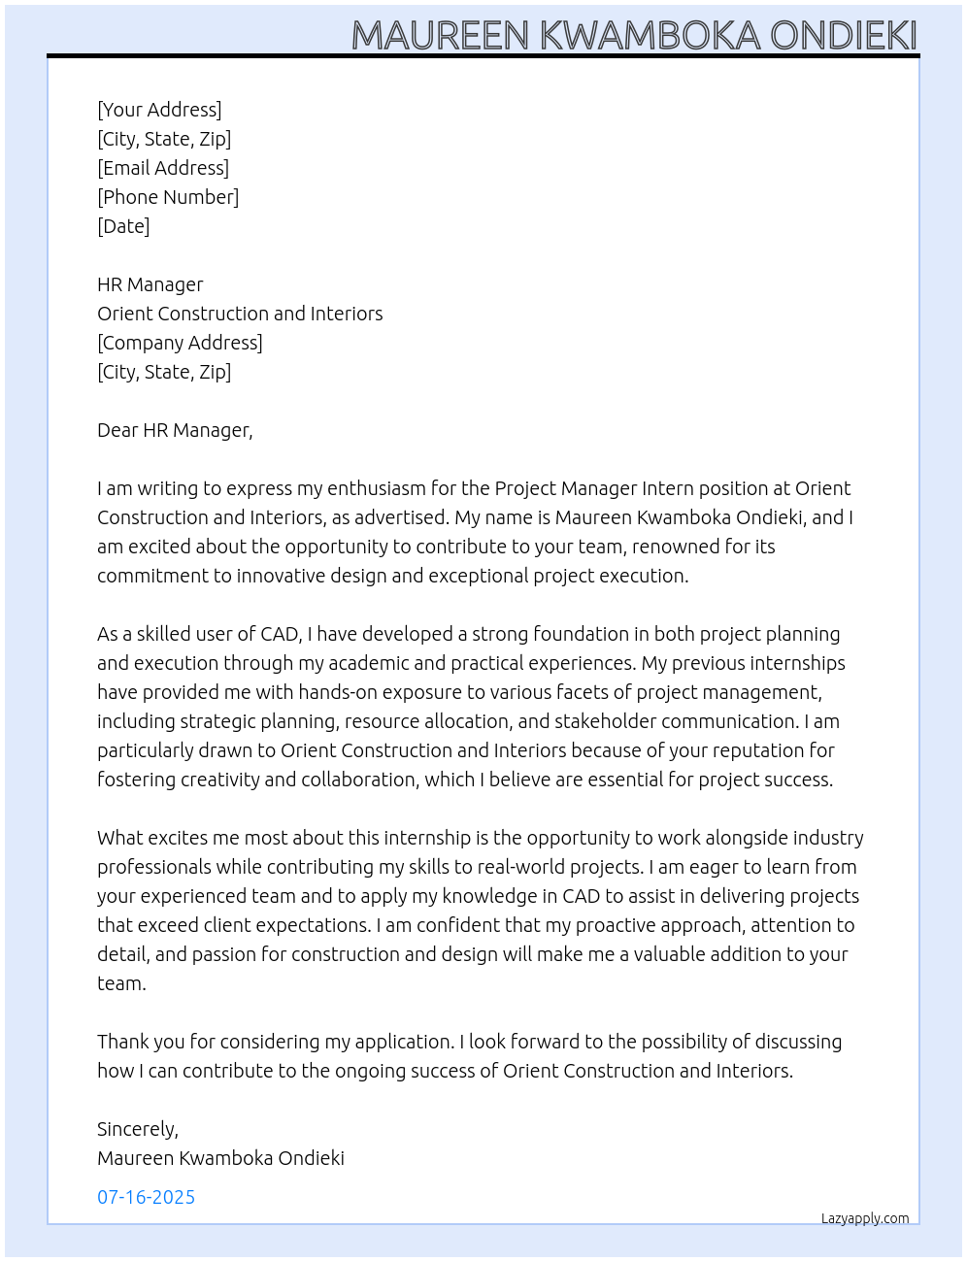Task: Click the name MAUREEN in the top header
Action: click(x=441, y=36)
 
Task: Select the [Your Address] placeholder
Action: click(x=159, y=110)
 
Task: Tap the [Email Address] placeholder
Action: click(x=163, y=168)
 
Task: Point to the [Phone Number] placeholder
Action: click(x=168, y=197)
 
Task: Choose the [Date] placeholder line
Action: click(x=123, y=226)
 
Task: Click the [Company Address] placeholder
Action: click(x=180, y=343)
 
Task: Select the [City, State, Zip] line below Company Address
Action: click(x=164, y=372)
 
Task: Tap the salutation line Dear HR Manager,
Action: click(x=175, y=430)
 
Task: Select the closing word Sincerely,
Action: click(x=138, y=1129)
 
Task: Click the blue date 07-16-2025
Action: click(x=147, y=1197)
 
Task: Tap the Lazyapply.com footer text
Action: click(x=865, y=1218)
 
